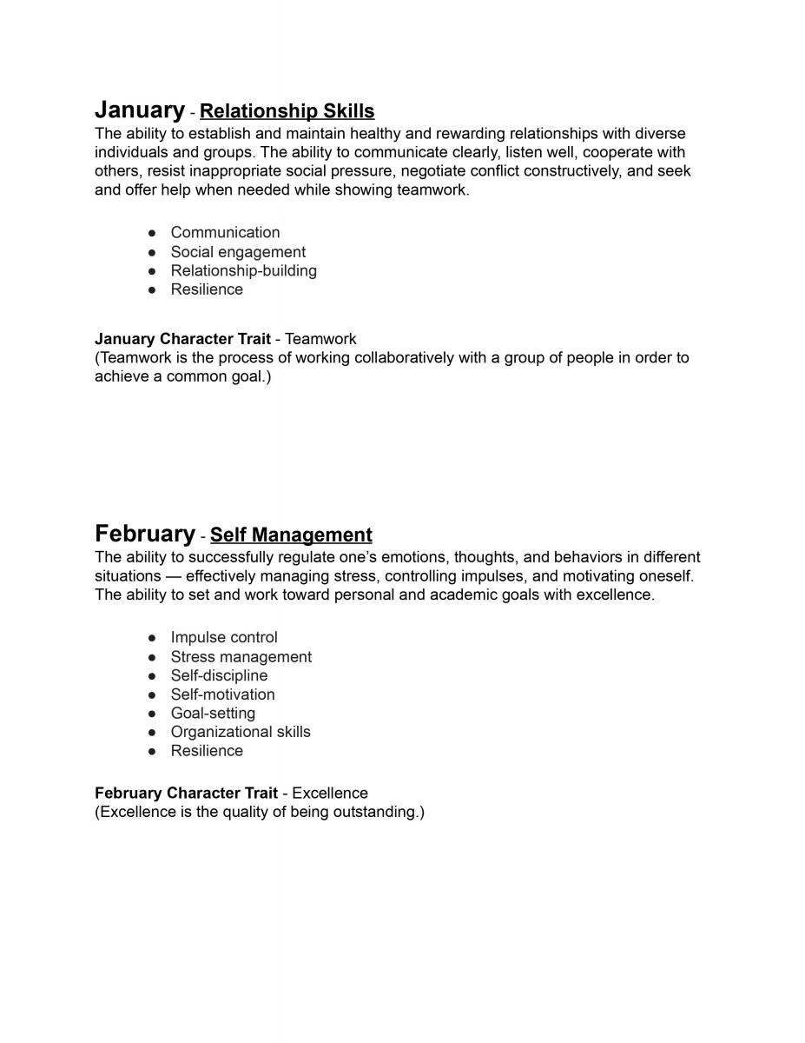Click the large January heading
pyautogui.click(x=139, y=110)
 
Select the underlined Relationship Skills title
pyautogui.click(x=287, y=111)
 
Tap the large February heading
pyautogui.click(x=145, y=534)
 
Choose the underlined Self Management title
pyautogui.click(x=291, y=535)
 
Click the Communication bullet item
pyautogui.click(x=225, y=232)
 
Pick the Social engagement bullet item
pyautogui.click(x=238, y=252)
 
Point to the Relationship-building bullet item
pyautogui.click(x=243, y=270)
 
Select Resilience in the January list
pyautogui.click(x=207, y=289)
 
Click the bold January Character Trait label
pyautogui.click(x=182, y=339)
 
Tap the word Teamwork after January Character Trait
pyautogui.click(x=320, y=339)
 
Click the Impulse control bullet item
pyautogui.click(x=224, y=637)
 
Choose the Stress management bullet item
pyautogui.click(x=241, y=657)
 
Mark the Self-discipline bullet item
pyautogui.click(x=219, y=675)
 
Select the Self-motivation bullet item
pyautogui.click(x=222, y=694)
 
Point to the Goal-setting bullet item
pyautogui.click(x=213, y=713)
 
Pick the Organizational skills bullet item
pyautogui.click(x=241, y=732)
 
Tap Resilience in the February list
pyautogui.click(x=207, y=751)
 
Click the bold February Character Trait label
pyautogui.click(x=186, y=793)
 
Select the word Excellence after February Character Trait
pyautogui.click(x=330, y=793)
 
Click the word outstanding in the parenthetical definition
pyautogui.click(x=375, y=812)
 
